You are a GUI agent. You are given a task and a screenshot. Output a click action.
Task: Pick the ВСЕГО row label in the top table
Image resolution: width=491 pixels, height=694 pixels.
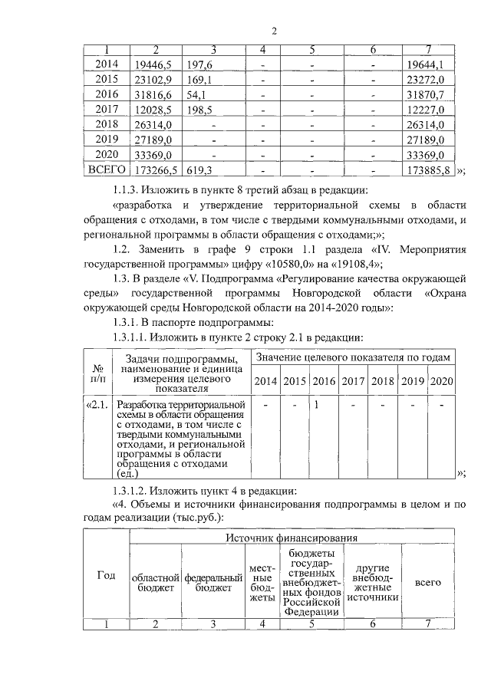click(x=107, y=169)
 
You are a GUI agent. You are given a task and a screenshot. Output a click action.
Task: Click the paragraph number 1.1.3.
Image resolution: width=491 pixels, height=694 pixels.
click(x=129, y=190)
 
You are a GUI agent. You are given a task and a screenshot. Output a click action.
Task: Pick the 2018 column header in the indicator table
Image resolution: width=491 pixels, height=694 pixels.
click(x=381, y=381)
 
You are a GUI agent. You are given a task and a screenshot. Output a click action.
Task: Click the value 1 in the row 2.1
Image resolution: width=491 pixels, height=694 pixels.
click(x=316, y=404)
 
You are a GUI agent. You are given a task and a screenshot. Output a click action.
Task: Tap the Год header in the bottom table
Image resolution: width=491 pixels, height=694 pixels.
click(x=105, y=576)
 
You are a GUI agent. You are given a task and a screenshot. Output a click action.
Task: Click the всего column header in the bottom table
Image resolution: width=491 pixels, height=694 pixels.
click(x=427, y=582)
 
